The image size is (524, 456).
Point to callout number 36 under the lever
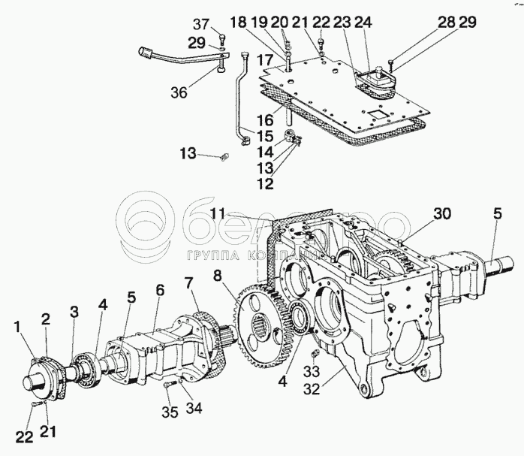(x=178, y=94)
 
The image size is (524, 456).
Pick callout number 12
(x=264, y=183)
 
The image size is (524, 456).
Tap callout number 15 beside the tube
(x=266, y=137)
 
